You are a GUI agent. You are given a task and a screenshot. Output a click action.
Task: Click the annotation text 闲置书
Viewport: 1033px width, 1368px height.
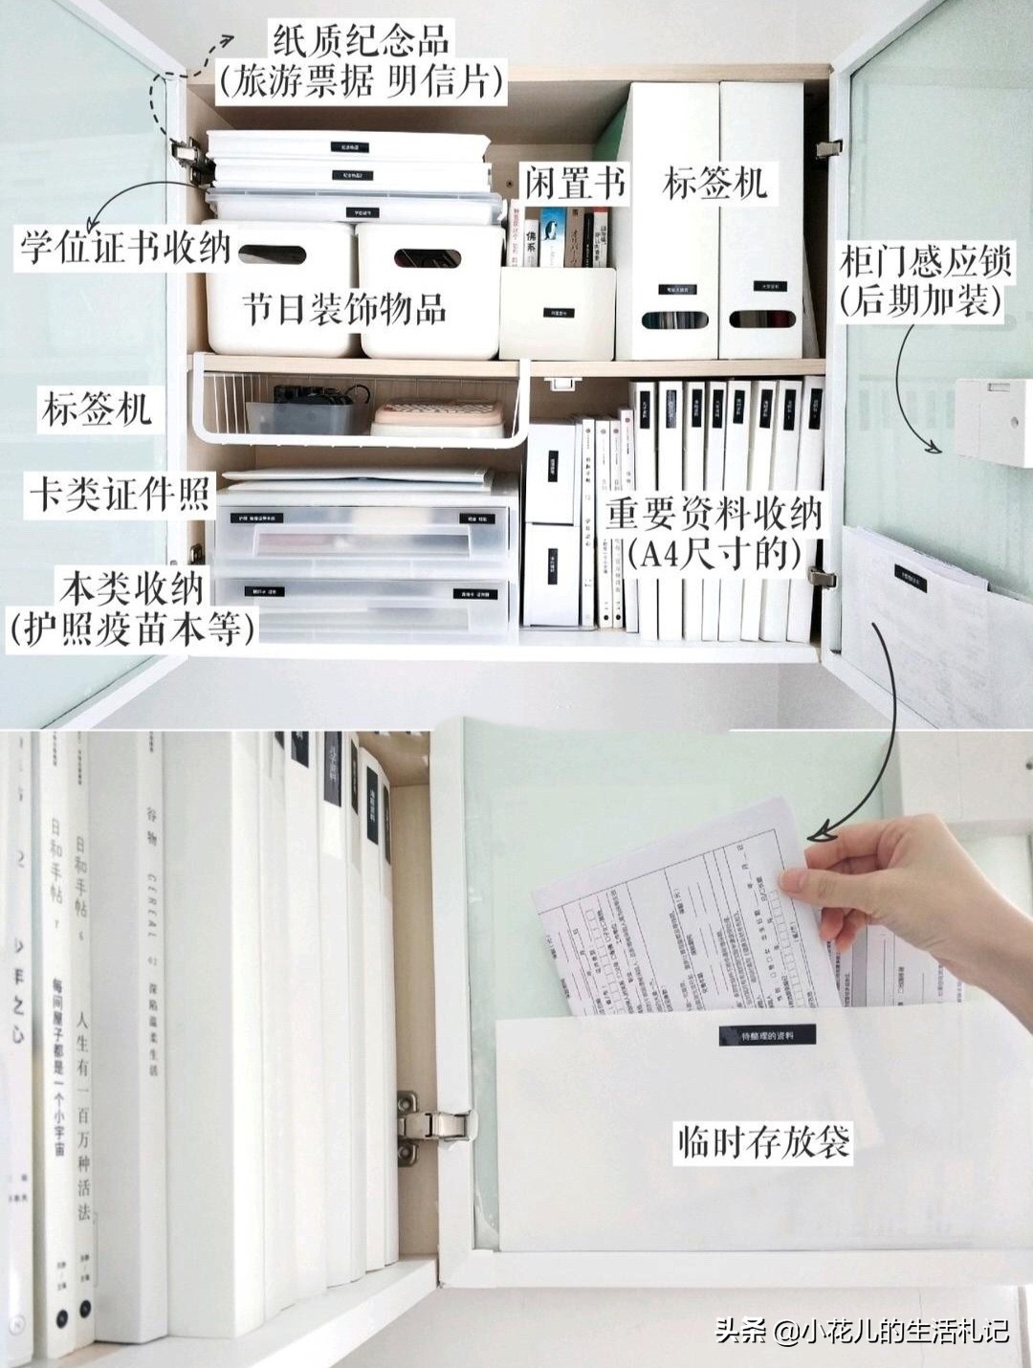575,181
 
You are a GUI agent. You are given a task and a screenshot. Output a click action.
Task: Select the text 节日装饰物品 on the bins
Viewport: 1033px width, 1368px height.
343,309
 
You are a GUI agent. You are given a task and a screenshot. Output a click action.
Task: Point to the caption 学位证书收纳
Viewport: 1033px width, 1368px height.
125,247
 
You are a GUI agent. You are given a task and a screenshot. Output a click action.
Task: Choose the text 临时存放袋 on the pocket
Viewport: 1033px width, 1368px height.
763,1141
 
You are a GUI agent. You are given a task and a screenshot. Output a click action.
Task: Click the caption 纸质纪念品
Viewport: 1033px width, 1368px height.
361,42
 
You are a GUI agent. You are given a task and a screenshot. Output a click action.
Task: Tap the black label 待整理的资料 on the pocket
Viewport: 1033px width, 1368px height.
768,1035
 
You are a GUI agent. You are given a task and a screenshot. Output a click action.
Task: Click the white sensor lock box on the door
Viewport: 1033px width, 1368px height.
993,421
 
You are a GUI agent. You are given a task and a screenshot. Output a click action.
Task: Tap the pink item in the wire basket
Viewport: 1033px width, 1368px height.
436,415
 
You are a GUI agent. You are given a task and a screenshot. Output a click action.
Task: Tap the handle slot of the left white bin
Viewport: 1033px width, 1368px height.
272,255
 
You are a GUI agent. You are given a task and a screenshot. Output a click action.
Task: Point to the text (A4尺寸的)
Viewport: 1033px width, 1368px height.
714,553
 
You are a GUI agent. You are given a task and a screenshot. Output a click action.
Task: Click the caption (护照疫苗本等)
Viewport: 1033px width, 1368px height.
133,629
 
